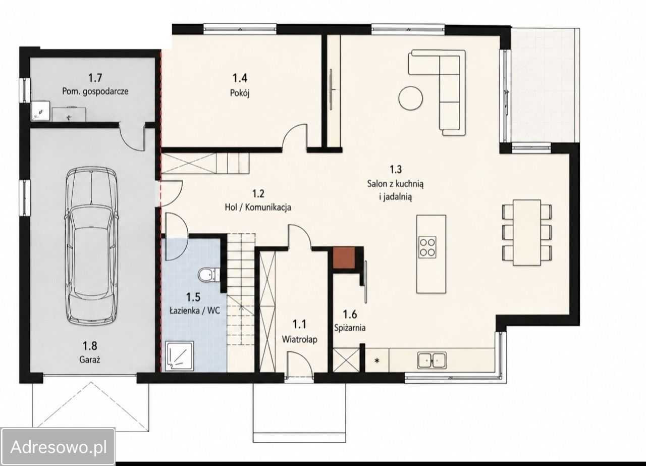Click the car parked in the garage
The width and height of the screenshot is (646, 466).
click(92, 245)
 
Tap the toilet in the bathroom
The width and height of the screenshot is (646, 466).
click(208, 275)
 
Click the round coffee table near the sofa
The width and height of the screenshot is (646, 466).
click(411, 98)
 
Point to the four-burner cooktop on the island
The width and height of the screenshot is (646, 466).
click(427, 247)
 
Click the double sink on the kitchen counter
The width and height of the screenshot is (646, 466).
click(432, 360)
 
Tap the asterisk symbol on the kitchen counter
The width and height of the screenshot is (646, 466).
click(376, 360)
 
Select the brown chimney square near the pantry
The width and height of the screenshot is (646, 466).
click(344, 257)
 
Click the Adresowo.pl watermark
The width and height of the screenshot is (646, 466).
click(59, 447)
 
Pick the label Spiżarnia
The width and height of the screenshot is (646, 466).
click(350, 328)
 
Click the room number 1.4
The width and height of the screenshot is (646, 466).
click(240, 78)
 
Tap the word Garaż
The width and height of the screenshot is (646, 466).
click(90, 360)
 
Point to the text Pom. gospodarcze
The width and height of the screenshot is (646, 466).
click(95, 92)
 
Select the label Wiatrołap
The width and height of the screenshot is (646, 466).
click(299, 339)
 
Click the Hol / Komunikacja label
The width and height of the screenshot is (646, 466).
click(258, 207)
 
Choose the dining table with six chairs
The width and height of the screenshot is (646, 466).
click(526, 233)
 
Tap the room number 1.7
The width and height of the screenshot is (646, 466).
click(95, 78)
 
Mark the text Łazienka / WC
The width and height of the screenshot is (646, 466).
click(194, 310)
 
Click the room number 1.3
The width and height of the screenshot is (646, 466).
click(396, 169)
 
